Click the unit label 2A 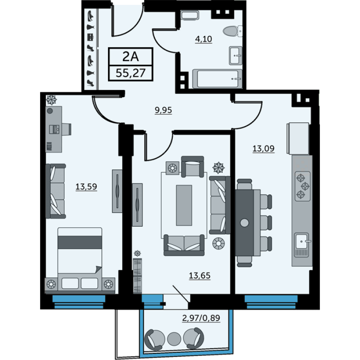[130, 56]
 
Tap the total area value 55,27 [130, 73]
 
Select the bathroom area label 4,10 [203, 39]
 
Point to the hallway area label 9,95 [163, 110]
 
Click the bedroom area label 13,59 [86, 187]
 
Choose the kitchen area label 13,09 [263, 148]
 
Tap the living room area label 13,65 [199, 275]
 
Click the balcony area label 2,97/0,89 [201, 318]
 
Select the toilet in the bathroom [233, 31]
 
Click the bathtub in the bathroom [217, 79]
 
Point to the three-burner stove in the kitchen [302, 186]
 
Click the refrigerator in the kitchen [298, 138]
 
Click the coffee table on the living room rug [184, 205]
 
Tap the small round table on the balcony [174, 339]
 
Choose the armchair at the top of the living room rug [193, 166]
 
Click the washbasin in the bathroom [235, 55]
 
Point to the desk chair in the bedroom [66, 129]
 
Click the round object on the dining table [244, 223]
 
